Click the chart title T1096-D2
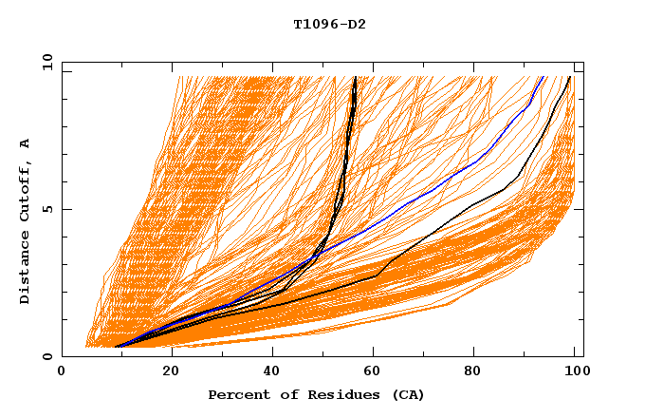click(329, 25)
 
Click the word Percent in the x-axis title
click(235, 395)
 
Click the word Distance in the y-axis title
click(26, 268)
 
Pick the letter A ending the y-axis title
click(26, 142)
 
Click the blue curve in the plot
click(446, 180)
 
